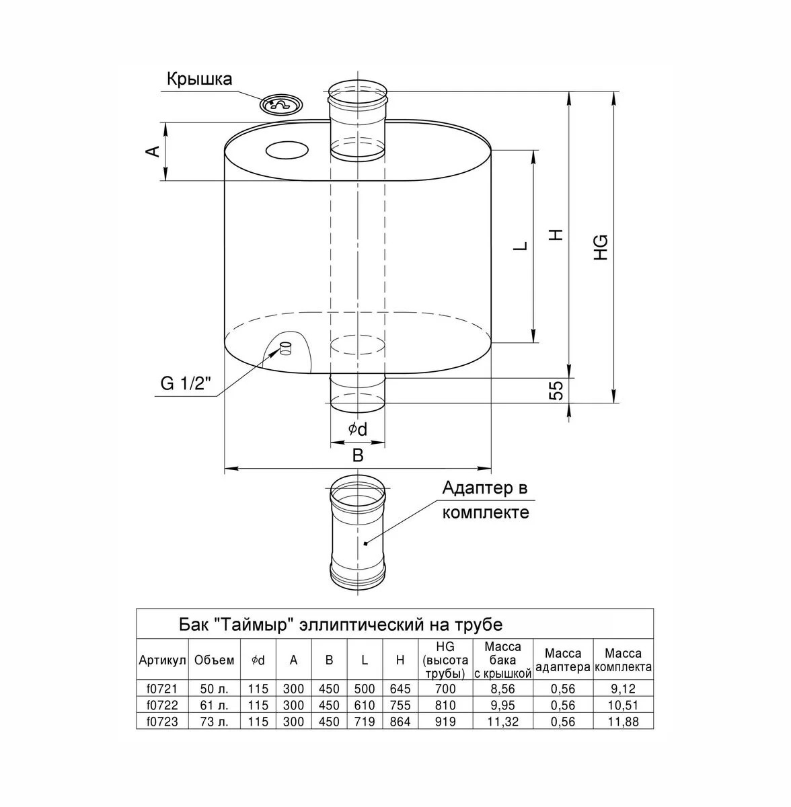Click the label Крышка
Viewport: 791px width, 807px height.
coord(199,79)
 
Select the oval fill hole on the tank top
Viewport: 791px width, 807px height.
coord(288,150)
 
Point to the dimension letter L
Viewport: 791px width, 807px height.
coord(521,246)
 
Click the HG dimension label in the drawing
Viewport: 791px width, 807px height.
coord(601,247)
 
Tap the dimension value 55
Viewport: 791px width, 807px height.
coord(556,391)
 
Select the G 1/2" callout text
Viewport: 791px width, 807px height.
coord(186,383)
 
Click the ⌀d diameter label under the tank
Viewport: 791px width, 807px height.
coord(357,428)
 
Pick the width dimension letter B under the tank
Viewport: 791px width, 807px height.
coord(358,455)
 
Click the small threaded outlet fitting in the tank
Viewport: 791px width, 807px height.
coord(286,348)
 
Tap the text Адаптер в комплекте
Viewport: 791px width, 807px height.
coord(486,500)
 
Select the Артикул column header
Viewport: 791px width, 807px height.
coord(163,661)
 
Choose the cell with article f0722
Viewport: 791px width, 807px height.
coord(163,705)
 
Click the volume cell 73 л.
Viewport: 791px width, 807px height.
coord(214,722)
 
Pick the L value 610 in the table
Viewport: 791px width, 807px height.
coord(365,705)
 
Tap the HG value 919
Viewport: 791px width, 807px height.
coord(445,722)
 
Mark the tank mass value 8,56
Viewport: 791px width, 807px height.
coord(502,689)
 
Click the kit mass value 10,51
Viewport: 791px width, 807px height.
coord(623,705)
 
